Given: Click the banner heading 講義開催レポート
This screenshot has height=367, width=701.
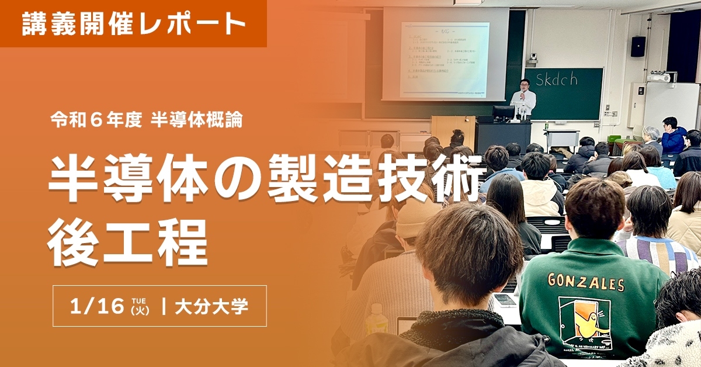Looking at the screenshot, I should pos(133,23).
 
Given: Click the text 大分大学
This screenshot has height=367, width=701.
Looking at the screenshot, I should pos(211,306).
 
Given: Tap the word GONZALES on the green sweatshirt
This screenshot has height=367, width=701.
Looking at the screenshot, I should pos(586,282).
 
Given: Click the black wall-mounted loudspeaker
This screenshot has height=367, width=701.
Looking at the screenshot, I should pos(638,46).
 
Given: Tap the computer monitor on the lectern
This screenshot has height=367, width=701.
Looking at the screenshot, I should pos(503,112).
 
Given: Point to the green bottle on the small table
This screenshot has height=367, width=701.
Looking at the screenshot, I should pos(546,126).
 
